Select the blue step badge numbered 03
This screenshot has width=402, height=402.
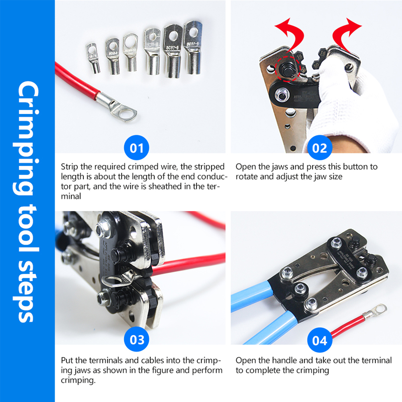tap(137, 340)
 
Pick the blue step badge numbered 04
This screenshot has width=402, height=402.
tap(320, 340)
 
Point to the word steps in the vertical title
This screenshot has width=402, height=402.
tap(26, 291)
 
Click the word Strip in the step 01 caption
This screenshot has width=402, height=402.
tap(69, 166)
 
